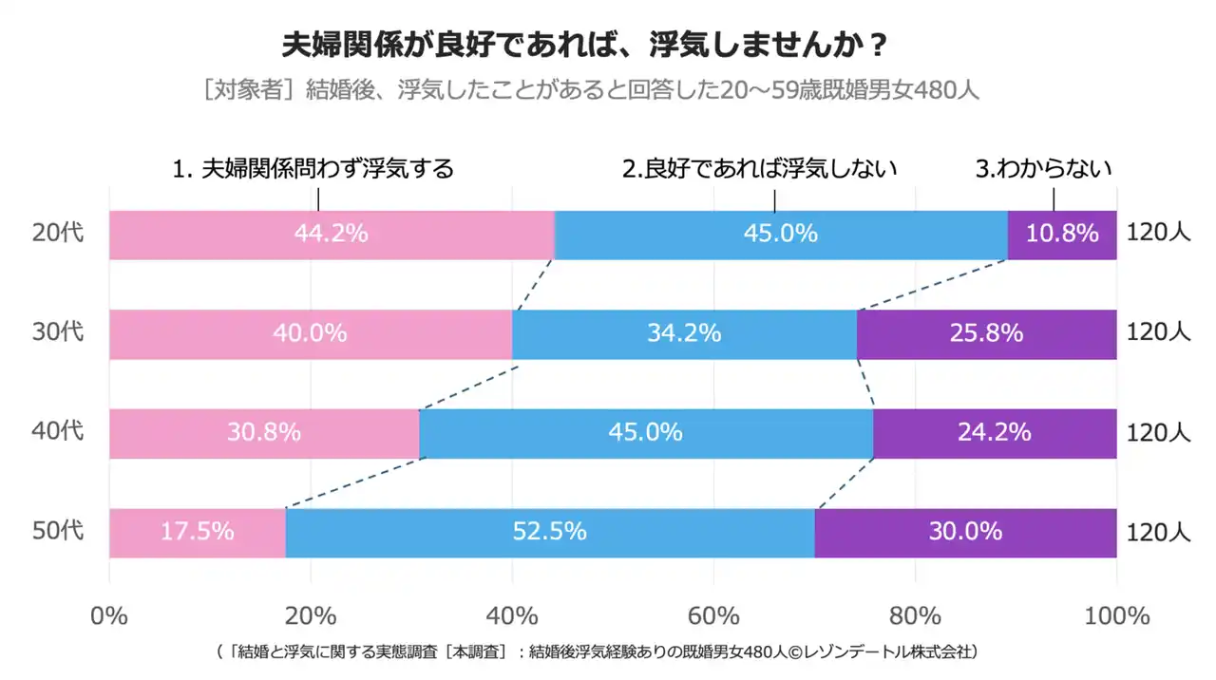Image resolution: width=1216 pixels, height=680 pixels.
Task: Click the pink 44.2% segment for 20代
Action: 332,235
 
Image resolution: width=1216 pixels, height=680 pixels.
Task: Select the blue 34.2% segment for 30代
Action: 684,334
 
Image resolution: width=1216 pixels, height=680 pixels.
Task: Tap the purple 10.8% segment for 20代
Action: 1062,235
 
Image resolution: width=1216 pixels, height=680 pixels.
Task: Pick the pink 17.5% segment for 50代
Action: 198,533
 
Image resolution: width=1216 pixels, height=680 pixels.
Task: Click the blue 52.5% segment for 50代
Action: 550,533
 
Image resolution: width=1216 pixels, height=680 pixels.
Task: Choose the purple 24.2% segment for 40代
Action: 995,433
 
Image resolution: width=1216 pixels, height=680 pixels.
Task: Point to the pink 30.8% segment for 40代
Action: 264,433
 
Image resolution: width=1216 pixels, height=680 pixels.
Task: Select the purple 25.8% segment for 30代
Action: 986,334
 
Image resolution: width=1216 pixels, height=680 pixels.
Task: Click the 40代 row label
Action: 59,432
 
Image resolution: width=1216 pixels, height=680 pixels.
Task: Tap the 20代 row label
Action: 59,234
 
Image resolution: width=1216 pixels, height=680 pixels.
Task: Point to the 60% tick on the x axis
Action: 713,615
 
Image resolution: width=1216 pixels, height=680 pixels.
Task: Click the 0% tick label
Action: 109,615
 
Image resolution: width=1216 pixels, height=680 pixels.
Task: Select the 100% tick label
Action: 1116,615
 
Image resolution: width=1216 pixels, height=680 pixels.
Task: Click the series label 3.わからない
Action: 1044,169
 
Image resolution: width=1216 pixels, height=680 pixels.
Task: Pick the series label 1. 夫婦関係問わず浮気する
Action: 313,169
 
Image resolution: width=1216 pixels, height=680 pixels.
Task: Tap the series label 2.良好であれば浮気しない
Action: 760,169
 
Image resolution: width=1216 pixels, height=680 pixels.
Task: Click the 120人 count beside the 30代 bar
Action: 1158,333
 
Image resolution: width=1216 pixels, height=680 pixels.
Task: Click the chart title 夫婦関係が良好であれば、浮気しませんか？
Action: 586,45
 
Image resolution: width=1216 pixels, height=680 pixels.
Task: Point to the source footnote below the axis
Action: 598,652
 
